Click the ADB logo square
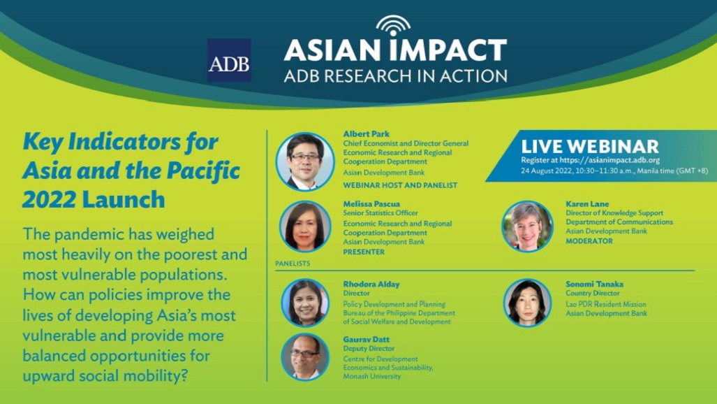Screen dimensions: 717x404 (228, 60)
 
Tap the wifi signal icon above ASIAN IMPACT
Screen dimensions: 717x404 (393, 25)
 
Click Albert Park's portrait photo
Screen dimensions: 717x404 (305, 161)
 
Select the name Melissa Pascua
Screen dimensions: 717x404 (371, 204)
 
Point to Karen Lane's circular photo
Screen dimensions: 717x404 (527, 226)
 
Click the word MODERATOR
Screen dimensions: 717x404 (589, 241)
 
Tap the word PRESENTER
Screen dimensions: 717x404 (364, 252)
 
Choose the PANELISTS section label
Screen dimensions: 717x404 (293, 264)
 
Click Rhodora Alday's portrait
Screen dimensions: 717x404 (305, 303)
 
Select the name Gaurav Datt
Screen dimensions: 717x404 (367, 340)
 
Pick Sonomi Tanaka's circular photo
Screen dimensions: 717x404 (527, 303)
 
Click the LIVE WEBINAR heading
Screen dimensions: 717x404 (590, 146)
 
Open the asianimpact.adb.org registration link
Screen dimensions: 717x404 (609, 160)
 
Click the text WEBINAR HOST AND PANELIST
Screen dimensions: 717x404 (400, 185)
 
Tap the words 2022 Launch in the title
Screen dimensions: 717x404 (94, 200)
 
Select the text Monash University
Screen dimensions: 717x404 (371, 376)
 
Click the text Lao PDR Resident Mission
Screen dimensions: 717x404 (606, 304)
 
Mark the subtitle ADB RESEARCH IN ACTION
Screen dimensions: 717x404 (396, 76)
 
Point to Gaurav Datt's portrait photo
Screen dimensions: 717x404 (305, 357)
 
